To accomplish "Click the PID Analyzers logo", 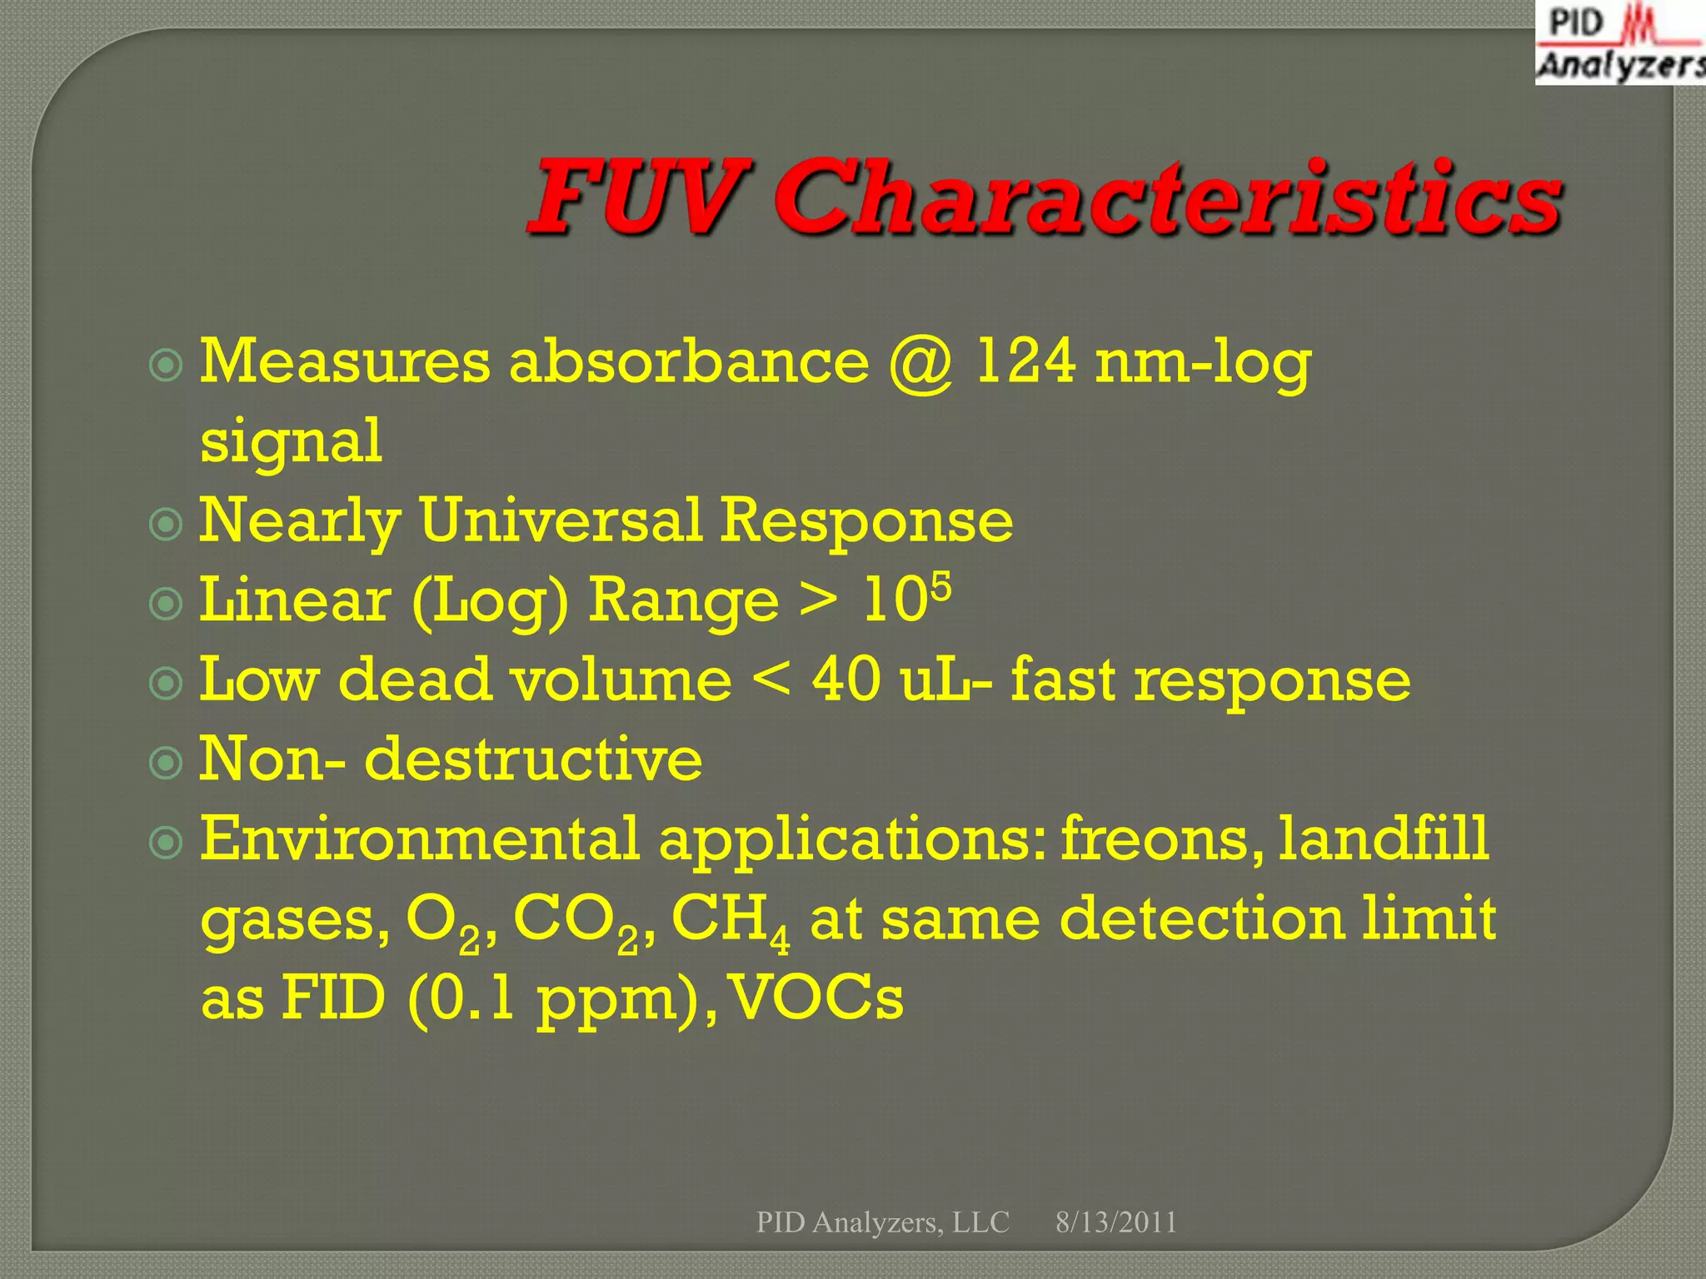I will pyautogui.click(x=1619, y=43).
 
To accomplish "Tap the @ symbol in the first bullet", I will pyautogui.click(x=921, y=364).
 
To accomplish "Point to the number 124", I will pyautogui.click(x=1025, y=362).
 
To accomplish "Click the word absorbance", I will pyautogui.click(x=690, y=362).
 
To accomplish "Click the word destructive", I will pyautogui.click(x=533, y=759).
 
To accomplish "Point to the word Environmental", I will pyautogui.click(x=419, y=839).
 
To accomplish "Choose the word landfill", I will pyautogui.click(x=1384, y=839).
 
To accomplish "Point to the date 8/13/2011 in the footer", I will pyautogui.click(x=1116, y=1222).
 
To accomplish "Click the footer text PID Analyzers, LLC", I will pyautogui.click(x=882, y=1222).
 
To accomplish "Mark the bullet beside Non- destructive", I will pyautogui.click(x=166, y=762).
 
